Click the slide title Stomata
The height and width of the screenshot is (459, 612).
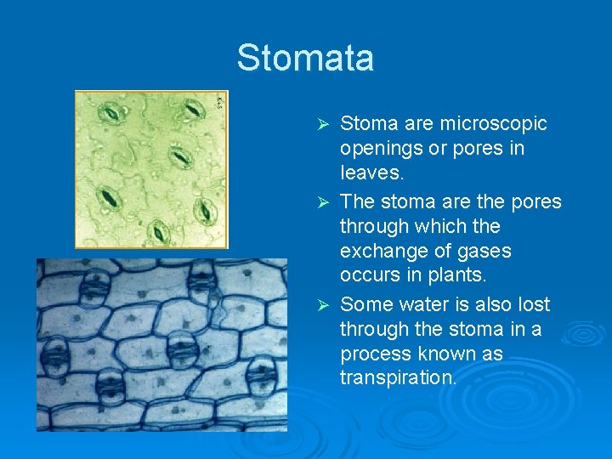tap(305, 58)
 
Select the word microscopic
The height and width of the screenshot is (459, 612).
tap(493, 124)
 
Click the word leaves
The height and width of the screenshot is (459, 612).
tap(370, 173)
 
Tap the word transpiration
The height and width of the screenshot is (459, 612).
tap(398, 378)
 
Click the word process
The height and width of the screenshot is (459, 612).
tap(374, 354)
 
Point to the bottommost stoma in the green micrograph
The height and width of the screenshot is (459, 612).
tap(158, 232)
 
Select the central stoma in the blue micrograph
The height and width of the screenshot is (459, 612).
tap(180, 348)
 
